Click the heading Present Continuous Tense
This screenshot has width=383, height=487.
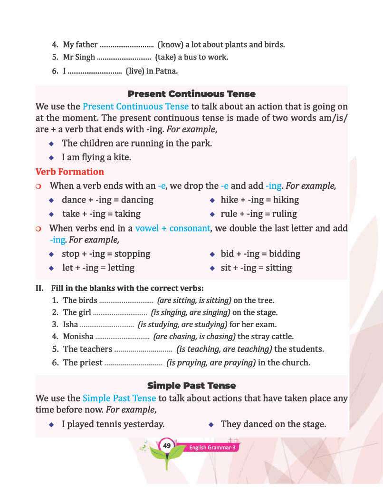coord(191,94)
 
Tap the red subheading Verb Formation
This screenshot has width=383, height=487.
coord(70,172)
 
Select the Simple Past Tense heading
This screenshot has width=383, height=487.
coord(191,385)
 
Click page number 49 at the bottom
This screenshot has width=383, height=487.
coord(166,446)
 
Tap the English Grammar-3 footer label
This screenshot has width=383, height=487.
coord(212,448)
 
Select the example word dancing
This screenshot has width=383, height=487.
coord(135,200)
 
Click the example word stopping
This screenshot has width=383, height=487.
coord(132,253)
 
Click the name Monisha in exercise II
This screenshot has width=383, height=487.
coord(78,337)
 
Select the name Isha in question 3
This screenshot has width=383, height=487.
coord(71,325)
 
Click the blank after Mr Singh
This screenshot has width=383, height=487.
coord(124,58)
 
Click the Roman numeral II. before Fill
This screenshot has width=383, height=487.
coord(40,288)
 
